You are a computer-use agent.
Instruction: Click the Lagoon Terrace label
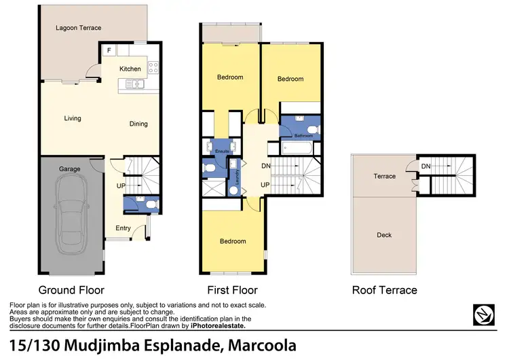pyautogui.click(x=78, y=28)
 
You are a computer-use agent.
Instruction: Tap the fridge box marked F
pyautogui.click(x=109, y=50)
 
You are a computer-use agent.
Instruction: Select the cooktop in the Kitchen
pyautogui.click(x=153, y=67)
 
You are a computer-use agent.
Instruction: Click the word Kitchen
pyautogui.click(x=130, y=69)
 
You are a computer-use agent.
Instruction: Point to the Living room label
pyautogui.click(x=73, y=118)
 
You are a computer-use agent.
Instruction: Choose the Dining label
pyautogui.click(x=138, y=124)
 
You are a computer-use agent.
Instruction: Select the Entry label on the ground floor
pyautogui.click(x=123, y=228)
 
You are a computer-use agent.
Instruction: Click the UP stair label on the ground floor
pyautogui.click(x=121, y=185)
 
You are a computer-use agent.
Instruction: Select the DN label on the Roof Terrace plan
pyautogui.click(x=426, y=166)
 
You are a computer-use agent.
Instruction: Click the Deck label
pyautogui.click(x=384, y=235)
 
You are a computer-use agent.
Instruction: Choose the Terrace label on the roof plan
pyautogui.click(x=384, y=176)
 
